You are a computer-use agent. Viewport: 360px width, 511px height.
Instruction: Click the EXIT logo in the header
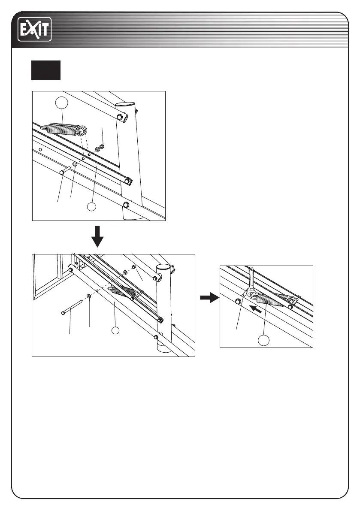tap(34, 29)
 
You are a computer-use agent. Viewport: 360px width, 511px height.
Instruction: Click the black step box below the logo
tap(45, 70)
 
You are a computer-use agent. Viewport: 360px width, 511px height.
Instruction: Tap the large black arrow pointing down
tap(98, 236)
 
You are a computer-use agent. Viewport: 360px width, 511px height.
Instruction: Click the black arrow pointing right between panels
tap(208, 298)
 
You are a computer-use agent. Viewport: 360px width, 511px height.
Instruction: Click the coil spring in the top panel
tap(64, 128)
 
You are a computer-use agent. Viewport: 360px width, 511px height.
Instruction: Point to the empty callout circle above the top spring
tap(62, 103)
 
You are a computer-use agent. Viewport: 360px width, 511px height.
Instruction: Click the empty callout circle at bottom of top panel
tap(91, 206)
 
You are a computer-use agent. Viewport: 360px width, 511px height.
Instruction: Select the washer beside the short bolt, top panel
tap(75, 164)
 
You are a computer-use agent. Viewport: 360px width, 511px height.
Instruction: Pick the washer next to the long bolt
tap(88, 296)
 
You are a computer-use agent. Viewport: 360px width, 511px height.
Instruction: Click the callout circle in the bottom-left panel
tap(115, 330)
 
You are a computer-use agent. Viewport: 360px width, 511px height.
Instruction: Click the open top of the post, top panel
tap(126, 104)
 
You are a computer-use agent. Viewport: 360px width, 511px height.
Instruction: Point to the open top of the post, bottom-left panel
tap(164, 267)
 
